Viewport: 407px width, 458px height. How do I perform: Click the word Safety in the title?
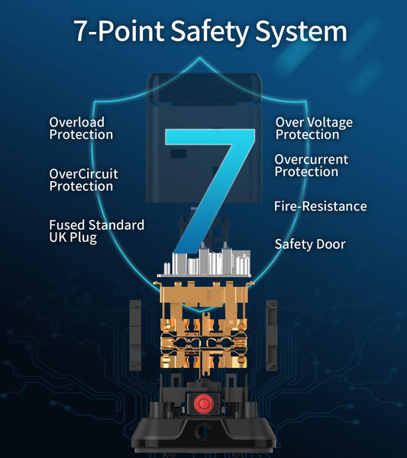pos(209,31)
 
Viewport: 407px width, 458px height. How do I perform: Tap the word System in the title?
pos(301,31)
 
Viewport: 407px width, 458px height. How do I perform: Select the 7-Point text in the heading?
pos(119,31)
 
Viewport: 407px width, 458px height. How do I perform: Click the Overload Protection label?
pos(81,128)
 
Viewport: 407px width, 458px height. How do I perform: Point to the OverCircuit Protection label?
pos(83,180)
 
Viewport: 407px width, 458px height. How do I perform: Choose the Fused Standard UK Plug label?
pos(96,231)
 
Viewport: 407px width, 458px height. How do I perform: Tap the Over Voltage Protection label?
pos(314,128)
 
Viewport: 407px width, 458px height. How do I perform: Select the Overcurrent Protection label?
pos(311,166)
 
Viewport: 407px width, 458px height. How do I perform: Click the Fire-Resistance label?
pos(320,206)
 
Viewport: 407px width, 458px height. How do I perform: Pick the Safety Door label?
pos(310,244)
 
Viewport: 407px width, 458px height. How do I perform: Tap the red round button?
pos(204,404)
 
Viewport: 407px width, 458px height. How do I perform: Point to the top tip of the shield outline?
pos(200,57)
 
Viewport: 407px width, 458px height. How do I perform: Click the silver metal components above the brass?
pos(205,263)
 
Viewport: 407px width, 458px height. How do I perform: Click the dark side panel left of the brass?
pos(135,335)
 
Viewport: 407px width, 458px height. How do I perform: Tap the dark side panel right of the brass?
pos(271,335)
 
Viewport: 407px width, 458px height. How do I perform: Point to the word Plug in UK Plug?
pos(83,237)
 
